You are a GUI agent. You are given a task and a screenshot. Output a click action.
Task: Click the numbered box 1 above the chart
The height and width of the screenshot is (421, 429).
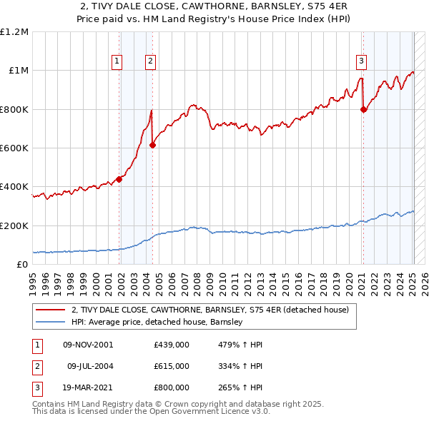coord(117,62)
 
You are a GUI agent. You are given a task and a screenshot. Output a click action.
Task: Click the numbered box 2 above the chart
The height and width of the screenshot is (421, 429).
coord(151,62)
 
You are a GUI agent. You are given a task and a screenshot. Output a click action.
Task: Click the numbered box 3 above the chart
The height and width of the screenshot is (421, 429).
coord(362,61)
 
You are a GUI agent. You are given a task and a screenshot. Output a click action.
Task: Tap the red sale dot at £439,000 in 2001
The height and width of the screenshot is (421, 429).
coord(119,179)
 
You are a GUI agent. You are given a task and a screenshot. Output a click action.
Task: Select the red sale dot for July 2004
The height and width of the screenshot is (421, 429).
coord(152,145)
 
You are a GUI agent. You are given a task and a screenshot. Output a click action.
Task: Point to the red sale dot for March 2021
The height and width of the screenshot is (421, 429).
coord(364,109)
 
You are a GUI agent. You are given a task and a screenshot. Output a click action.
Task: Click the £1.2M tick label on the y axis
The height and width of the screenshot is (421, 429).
coord(14,32)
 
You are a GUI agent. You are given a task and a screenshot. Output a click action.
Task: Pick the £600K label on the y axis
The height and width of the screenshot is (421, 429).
coord(14,148)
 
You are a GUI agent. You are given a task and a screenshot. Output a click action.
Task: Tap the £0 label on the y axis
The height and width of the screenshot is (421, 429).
coord(21,265)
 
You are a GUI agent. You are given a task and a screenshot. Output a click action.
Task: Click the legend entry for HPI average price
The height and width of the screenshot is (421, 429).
coord(157,322)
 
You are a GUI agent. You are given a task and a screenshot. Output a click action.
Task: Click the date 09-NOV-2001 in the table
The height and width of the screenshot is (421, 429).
coord(88,345)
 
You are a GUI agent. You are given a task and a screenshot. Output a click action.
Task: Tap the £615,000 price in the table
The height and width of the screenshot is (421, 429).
coord(171,366)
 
